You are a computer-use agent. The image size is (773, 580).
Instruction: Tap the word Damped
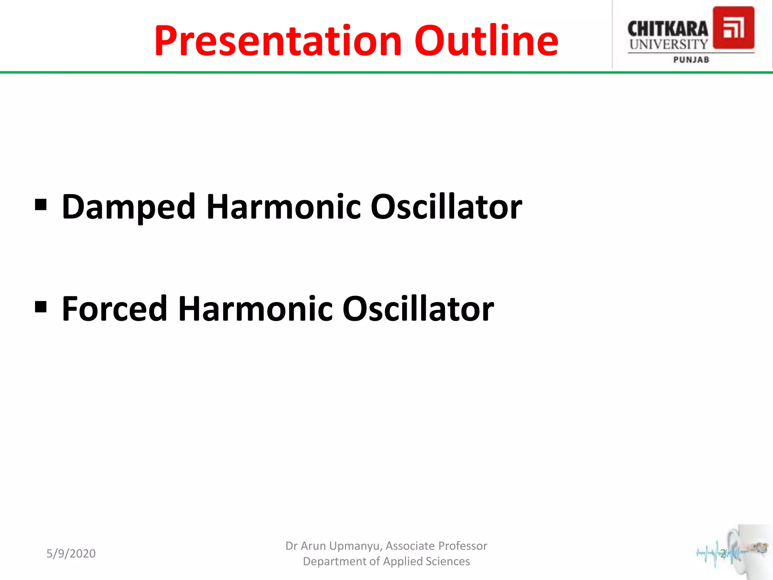pos(128,207)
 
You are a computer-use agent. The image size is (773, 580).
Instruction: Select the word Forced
pos(114,309)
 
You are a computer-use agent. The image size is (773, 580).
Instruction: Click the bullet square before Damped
pos(41,205)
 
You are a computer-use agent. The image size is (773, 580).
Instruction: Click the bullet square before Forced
pos(41,307)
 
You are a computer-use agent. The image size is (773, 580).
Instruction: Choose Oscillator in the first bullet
pos(446,207)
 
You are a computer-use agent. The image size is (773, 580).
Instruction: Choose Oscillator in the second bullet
pos(418,309)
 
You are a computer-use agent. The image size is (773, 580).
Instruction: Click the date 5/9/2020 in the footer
pos(71,554)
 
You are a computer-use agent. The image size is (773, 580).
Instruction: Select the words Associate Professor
pos(436,546)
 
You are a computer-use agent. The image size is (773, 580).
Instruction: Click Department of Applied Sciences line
pos(386,561)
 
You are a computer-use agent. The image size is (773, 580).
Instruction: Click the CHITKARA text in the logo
pos(667,29)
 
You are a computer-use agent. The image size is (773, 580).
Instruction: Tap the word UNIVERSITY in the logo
pos(668,44)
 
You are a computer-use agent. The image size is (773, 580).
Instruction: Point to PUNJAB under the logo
pos(691,60)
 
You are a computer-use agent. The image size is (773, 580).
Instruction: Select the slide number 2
pos(723,554)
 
